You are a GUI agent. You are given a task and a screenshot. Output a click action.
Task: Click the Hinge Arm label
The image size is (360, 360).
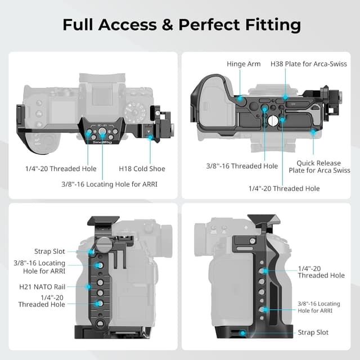pos(244,64)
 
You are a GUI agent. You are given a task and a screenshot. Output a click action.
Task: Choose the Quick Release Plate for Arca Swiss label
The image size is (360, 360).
pos(319,166)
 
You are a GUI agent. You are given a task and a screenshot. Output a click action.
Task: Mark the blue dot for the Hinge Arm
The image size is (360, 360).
pos(240,99)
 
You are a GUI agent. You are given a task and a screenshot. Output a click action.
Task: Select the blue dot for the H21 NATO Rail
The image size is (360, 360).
pos(88,286)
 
